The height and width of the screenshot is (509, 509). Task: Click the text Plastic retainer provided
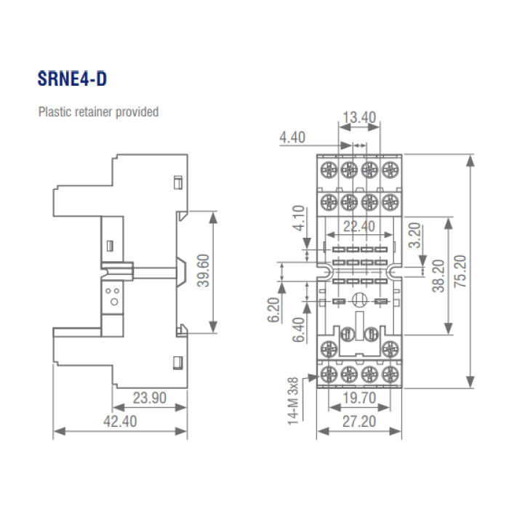point(98,113)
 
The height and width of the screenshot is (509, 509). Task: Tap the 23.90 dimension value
point(150,398)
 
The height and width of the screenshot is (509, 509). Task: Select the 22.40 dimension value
point(358,227)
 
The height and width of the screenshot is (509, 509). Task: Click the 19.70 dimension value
point(358,398)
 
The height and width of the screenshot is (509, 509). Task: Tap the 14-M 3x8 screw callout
point(292,399)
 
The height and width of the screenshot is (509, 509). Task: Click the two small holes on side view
point(113,294)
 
